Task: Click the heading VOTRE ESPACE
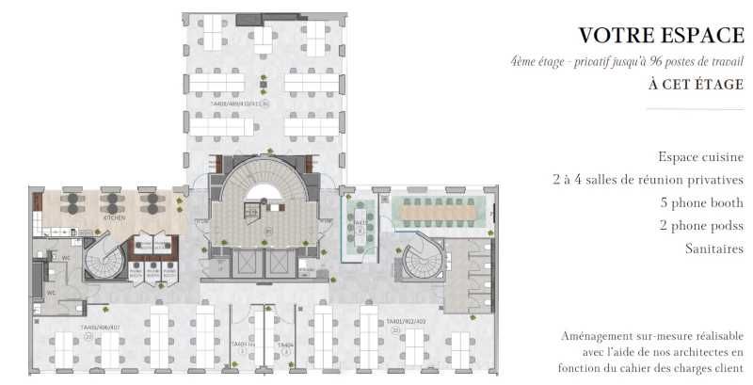point(661,36)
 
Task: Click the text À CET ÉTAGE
point(696,84)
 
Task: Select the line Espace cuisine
point(701,157)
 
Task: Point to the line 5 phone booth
point(702,203)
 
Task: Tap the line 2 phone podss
point(701,226)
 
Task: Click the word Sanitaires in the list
point(713,249)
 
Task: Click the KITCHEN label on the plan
point(114,217)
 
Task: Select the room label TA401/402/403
point(407,322)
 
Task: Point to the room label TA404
point(285,345)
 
